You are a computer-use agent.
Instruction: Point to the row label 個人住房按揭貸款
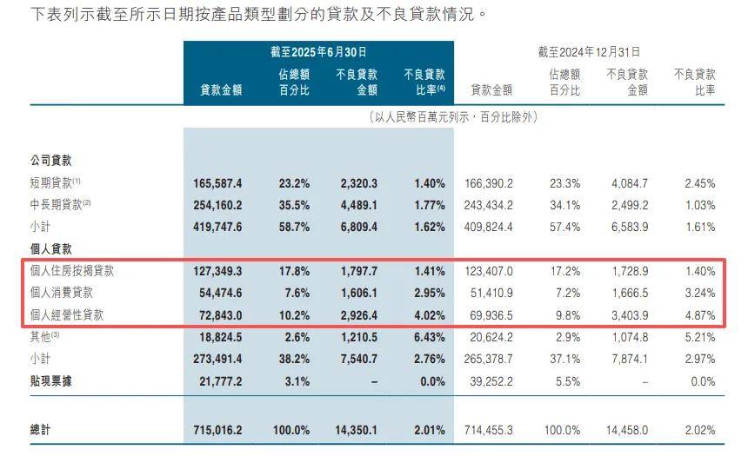pyautogui.click(x=71, y=270)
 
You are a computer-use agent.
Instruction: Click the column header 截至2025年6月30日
pyautogui.click(x=319, y=52)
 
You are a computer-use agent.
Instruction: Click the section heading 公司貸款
pyautogui.click(x=50, y=161)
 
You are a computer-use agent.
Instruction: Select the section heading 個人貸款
pyautogui.click(x=50, y=248)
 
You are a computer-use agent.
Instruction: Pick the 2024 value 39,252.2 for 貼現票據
pyautogui.click(x=491, y=380)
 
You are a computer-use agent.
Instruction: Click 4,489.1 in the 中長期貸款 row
pyautogui.click(x=357, y=205)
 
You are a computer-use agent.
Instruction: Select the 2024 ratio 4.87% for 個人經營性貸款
pyautogui.click(x=699, y=314)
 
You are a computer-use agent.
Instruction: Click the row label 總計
pyautogui.click(x=40, y=430)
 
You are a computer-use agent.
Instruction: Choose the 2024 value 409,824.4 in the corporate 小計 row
pyautogui.click(x=491, y=227)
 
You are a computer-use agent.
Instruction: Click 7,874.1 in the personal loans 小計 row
pyautogui.click(x=628, y=358)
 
